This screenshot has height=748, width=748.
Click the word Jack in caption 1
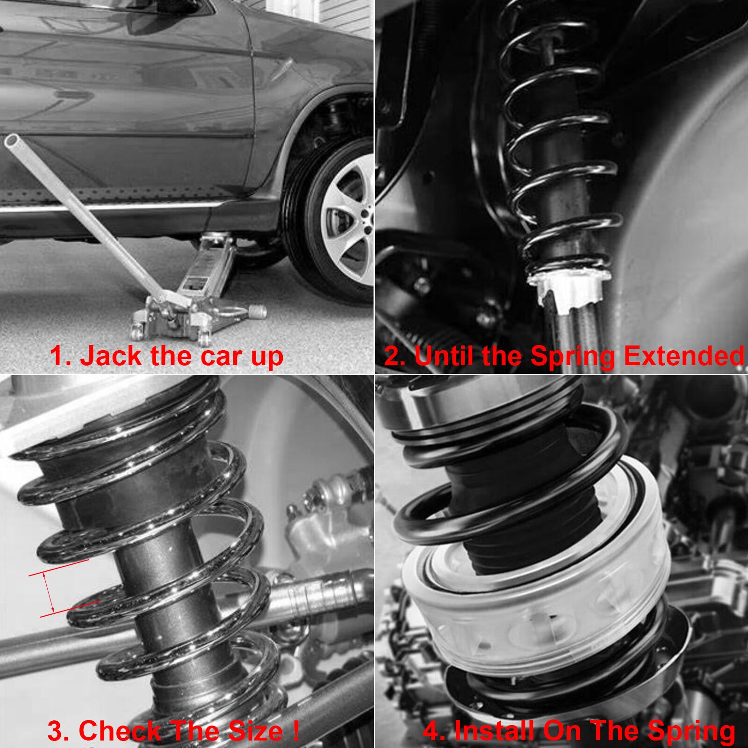click(x=111, y=356)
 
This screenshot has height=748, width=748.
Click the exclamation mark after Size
click(x=296, y=730)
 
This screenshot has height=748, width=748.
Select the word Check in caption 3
click(x=119, y=731)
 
